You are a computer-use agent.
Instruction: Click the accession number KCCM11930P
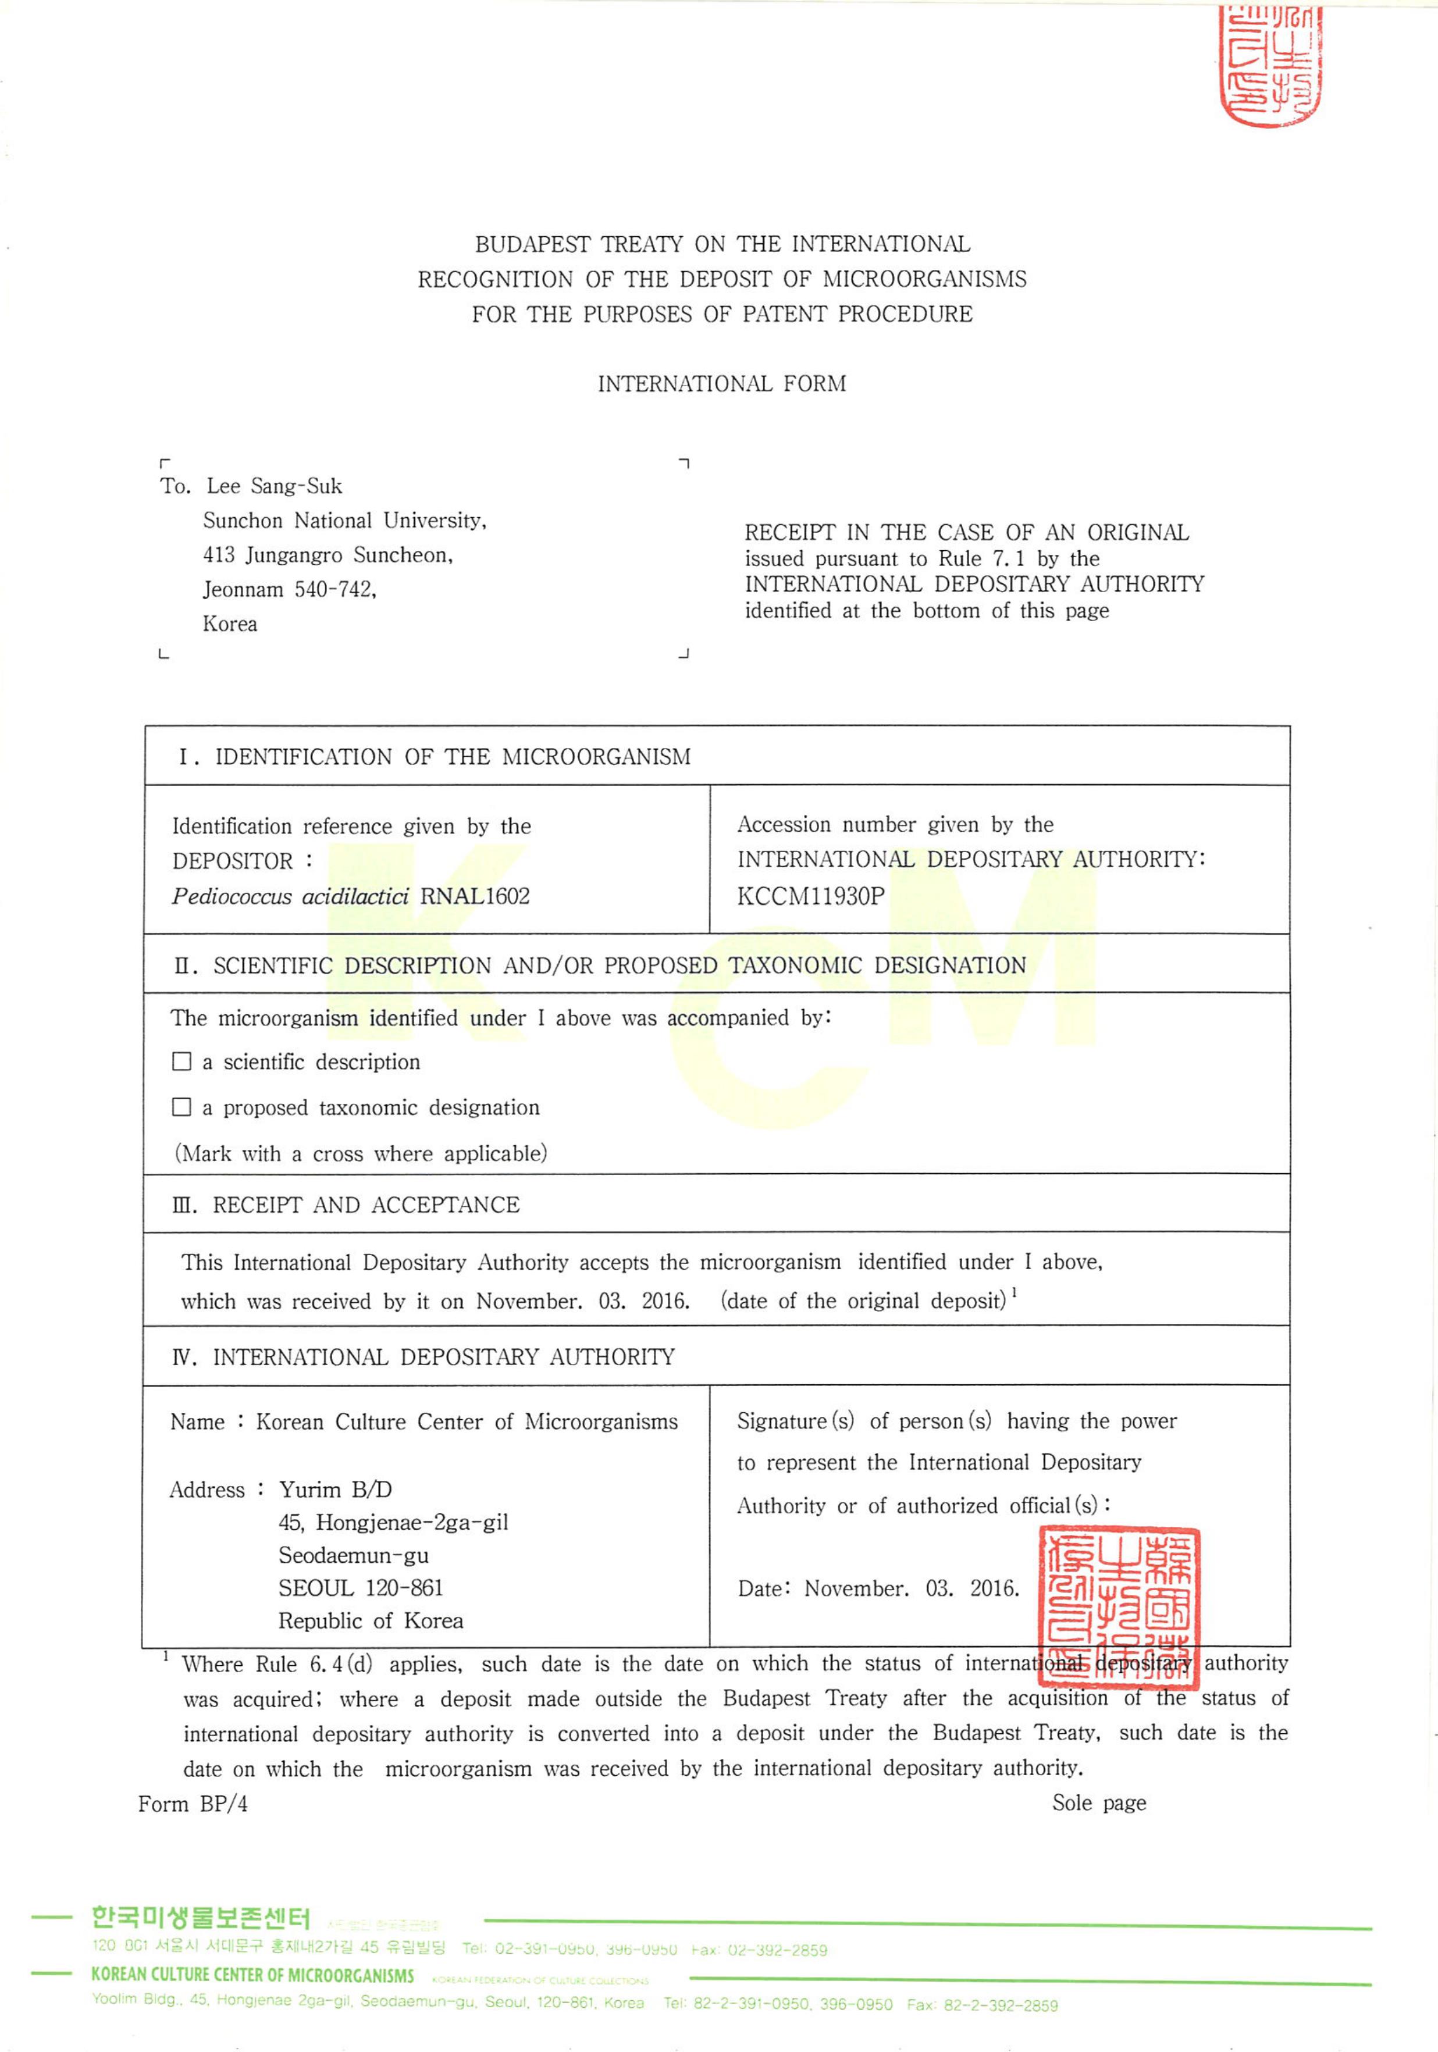pos(810,896)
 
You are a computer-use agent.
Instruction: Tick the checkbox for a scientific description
pos(181,1061)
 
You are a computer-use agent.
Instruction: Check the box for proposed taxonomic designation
pos(181,1107)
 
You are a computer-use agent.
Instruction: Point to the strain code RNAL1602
pos(475,896)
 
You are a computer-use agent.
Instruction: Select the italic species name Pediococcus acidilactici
pos(290,896)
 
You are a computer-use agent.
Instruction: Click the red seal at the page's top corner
pos(1270,65)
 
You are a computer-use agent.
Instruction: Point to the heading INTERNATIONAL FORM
pos(721,384)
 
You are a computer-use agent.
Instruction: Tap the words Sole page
pos(1098,1802)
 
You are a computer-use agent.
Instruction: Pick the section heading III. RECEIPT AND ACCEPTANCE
pos(346,1205)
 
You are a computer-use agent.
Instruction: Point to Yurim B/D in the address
pos(335,1489)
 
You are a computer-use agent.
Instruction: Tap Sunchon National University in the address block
pos(344,521)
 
